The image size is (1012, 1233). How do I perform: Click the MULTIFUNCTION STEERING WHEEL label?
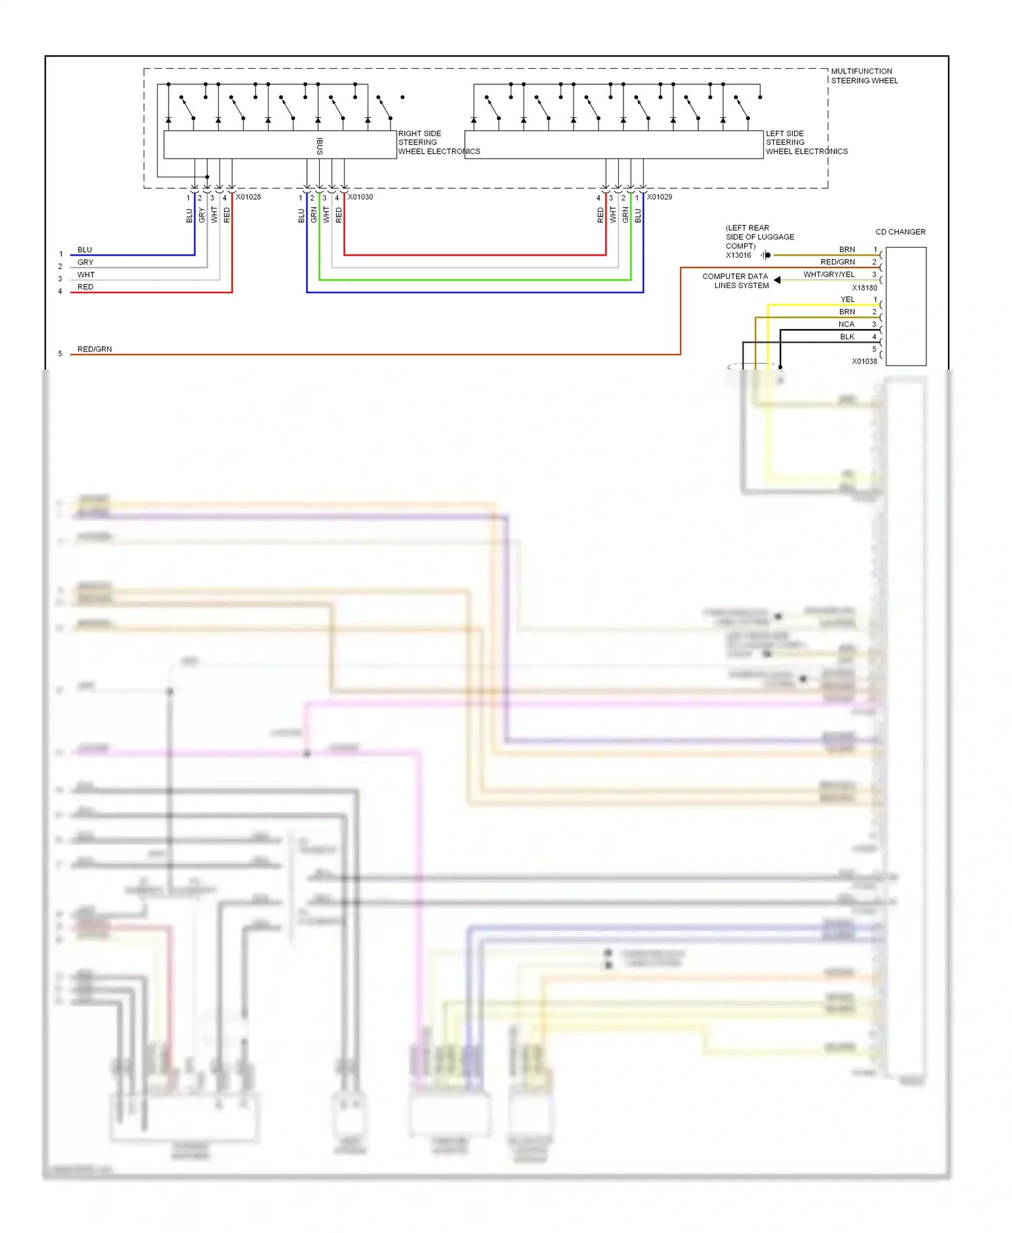pyautogui.click(x=864, y=76)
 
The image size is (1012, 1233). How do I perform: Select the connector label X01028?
pyautogui.click(x=248, y=197)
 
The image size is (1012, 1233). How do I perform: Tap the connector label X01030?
pyautogui.click(x=360, y=197)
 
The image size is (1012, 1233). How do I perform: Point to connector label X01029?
pyautogui.click(x=659, y=197)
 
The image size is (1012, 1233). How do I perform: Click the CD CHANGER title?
pyautogui.click(x=900, y=232)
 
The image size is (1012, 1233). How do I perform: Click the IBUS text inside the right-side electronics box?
pyautogui.click(x=320, y=146)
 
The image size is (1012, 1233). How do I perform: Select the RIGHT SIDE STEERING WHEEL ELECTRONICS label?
pyautogui.click(x=438, y=142)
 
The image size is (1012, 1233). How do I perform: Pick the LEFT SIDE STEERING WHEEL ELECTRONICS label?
pyautogui.click(x=806, y=142)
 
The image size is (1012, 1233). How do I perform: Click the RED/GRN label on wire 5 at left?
pyautogui.click(x=94, y=349)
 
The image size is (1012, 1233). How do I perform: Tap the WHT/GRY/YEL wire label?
pyautogui.click(x=828, y=275)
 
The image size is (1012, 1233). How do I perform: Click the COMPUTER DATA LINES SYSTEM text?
pyautogui.click(x=735, y=281)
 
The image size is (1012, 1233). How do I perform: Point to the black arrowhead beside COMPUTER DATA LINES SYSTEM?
pyautogui.click(x=777, y=280)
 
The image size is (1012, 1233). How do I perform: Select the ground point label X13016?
pyautogui.click(x=738, y=256)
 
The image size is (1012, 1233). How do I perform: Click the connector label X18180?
pyautogui.click(x=864, y=288)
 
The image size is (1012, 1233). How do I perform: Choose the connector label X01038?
pyautogui.click(x=864, y=362)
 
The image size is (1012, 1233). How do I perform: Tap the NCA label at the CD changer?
pyautogui.click(x=846, y=324)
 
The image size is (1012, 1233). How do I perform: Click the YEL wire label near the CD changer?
pyautogui.click(x=847, y=299)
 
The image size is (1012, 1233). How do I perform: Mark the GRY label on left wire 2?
pyautogui.click(x=85, y=262)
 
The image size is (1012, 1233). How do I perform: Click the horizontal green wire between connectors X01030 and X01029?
pyautogui.click(x=472, y=280)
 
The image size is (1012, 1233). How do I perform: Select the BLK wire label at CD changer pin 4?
pyautogui.click(x=847, y=337)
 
